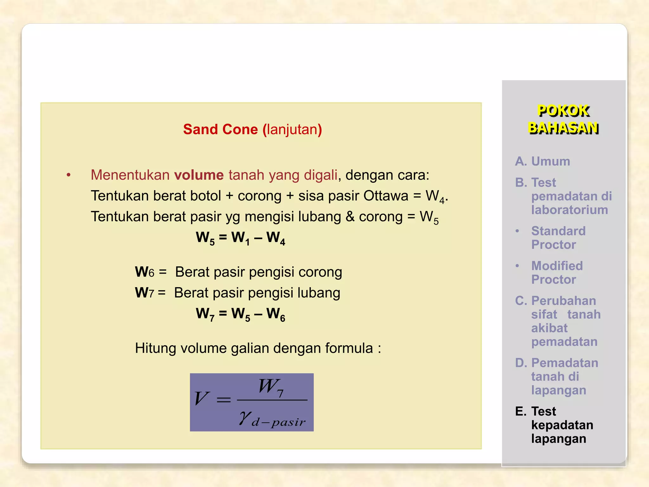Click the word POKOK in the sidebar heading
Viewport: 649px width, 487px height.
(563, 111)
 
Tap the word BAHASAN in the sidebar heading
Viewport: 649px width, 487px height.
(563, 128)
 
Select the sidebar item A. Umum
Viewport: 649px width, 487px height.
(543, 161)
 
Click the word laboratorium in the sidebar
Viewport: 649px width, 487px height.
(569, 210)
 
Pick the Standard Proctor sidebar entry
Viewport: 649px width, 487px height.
(558, 238)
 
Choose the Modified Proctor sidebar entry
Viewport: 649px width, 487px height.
(557, 273)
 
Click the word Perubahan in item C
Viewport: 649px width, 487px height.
(563, 301)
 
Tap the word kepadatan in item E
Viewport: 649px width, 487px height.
(562, 425)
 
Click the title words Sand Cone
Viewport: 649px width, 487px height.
(221, 129)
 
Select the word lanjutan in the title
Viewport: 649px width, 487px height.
(292, 129)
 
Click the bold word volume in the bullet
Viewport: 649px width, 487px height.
(199, 175)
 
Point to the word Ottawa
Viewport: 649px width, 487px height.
(386, 196)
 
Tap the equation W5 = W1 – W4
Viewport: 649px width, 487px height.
(241, 237)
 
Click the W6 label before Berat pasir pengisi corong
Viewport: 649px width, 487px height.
(144, 272)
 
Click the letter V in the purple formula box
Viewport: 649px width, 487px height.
(202, 399)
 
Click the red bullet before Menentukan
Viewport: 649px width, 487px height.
(68, 175)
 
